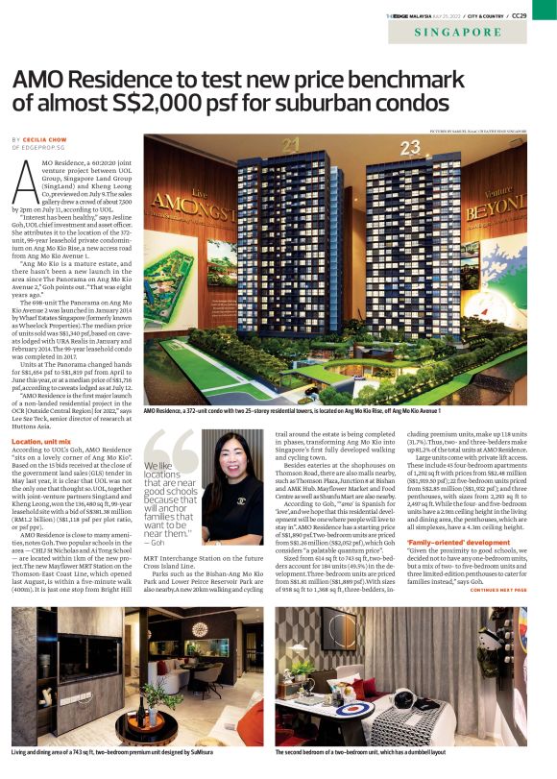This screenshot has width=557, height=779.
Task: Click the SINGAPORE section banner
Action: click(x=457, y=32)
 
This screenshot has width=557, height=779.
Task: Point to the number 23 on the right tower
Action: click(x=411, y=147)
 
